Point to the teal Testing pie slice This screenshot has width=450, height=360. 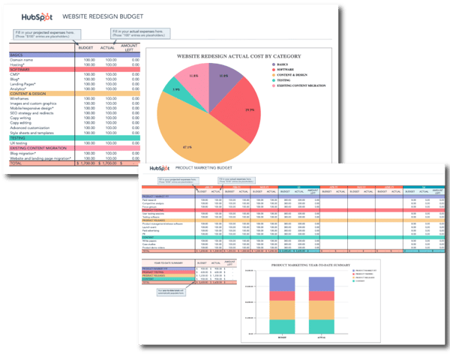tap(177, 90)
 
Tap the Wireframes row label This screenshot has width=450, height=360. tap(22, 97)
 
